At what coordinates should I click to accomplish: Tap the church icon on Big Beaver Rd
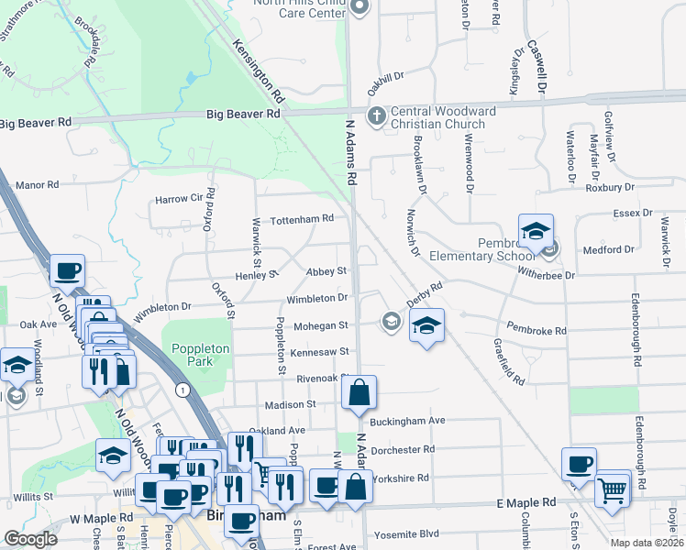click(376, 116)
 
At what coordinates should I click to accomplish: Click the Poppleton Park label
click(192, 355)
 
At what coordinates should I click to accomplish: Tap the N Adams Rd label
click(349, 151)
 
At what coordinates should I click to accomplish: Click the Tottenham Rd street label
click(301, 219)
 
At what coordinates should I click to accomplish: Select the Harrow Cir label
click(178, 198)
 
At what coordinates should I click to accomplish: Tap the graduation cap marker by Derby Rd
click(426, 325)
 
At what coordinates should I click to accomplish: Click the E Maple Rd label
click(526, 503)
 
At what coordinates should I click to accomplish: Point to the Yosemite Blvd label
click(404, 533)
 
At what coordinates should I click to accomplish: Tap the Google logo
click(30, 539)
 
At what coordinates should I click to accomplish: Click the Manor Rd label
click(38, 184)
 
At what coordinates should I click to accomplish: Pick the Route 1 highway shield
click(184, 390)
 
